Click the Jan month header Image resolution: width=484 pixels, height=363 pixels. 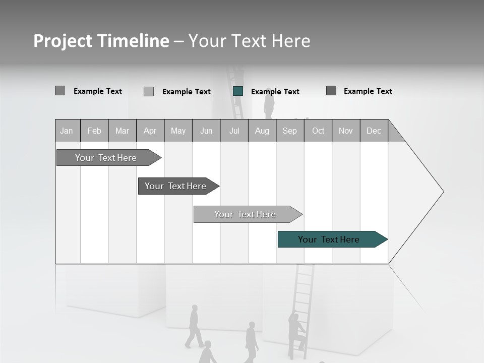pos(67,131)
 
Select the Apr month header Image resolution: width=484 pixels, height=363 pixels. pos(150,131)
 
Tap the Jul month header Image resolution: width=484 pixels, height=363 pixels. pos(234,131)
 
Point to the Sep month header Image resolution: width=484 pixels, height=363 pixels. pos(289,131)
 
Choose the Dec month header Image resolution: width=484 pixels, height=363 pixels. pos(374,131)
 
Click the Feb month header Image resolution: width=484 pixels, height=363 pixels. pos(94,131)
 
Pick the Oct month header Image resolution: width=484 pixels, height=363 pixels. pos(318,131)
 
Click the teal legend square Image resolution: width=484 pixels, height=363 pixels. pos(238,91)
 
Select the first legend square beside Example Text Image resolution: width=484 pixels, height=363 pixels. pos(59,91)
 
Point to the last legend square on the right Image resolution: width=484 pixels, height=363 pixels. pos(331,91)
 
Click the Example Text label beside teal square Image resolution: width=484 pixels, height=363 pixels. pos(275,92)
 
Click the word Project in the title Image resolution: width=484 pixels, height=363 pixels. pos(63,41)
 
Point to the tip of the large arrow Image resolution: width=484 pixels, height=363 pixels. pos(442,192)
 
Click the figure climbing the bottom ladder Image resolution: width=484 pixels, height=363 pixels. pos(296,331)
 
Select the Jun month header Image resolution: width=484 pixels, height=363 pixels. pos(206,131)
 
